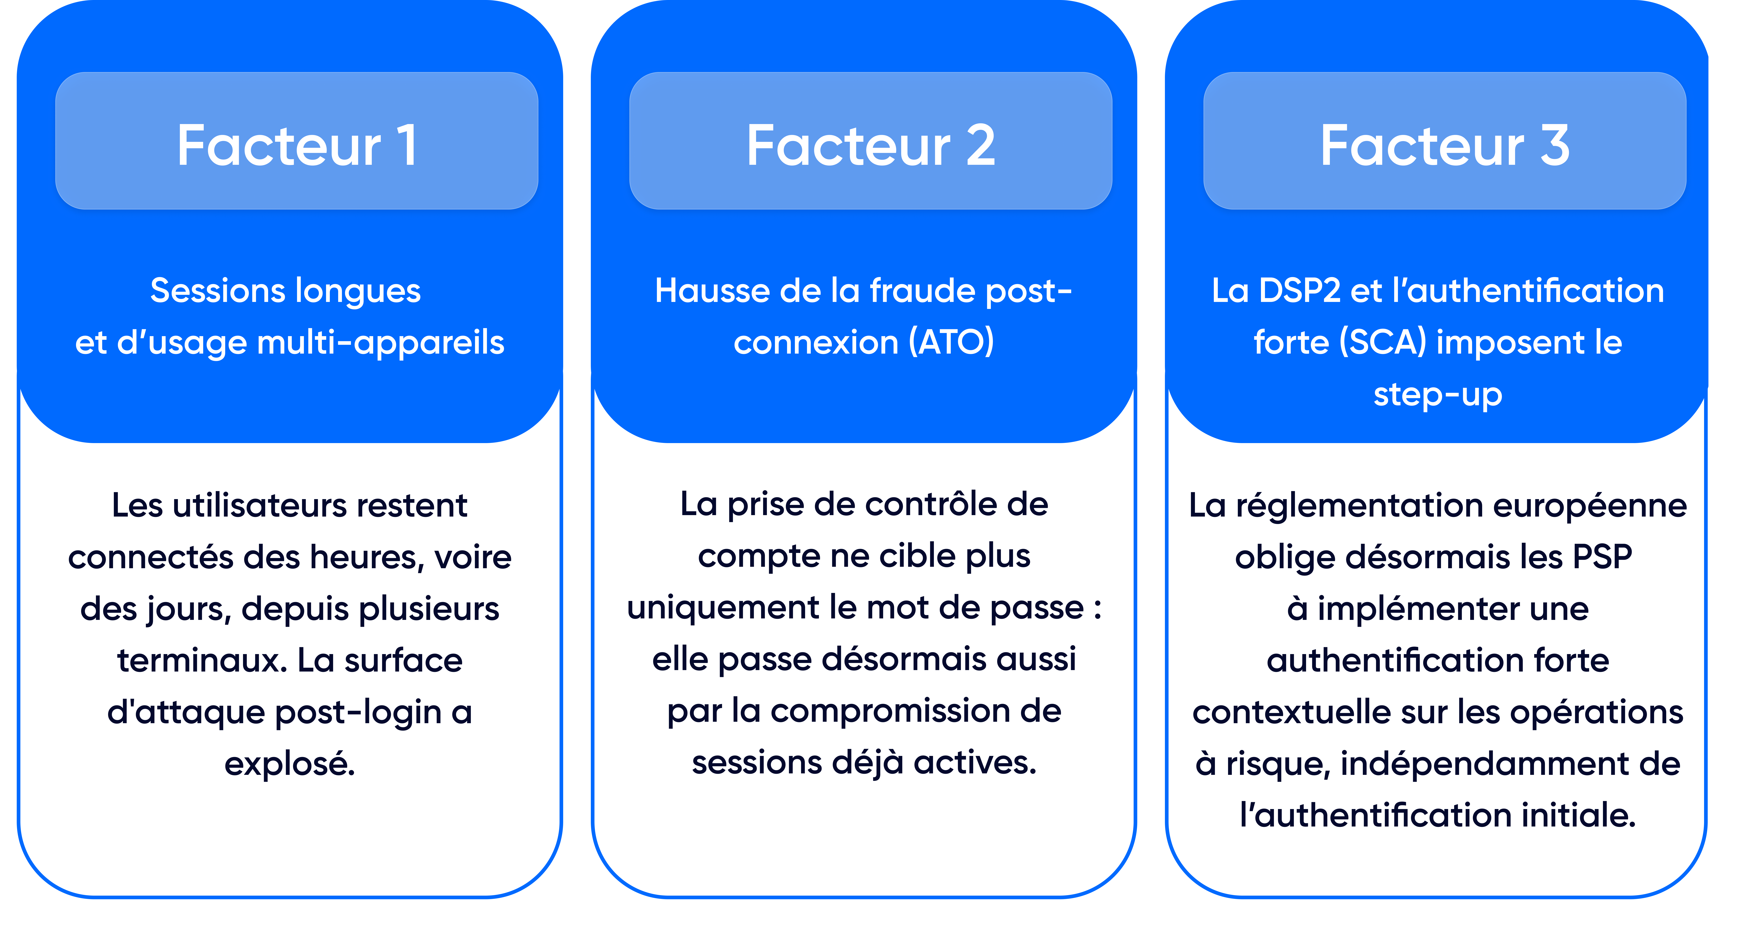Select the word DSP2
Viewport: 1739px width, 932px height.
[x=1300, y=292]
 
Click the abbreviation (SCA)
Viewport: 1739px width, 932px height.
[x=1382, y=343]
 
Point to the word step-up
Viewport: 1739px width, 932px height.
[x=1438, y=395]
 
